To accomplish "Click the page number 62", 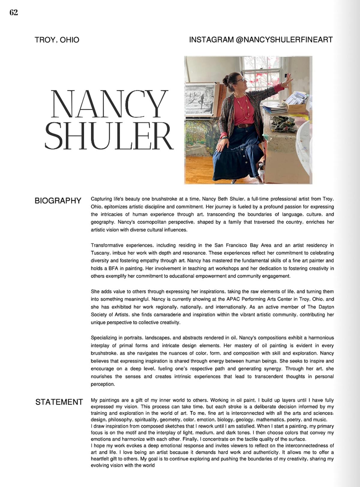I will (x=14, y=13).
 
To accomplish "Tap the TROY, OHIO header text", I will (x=57, y=40).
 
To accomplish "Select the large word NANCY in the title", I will (x=109, y=104).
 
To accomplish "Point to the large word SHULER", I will (x=109, y=136).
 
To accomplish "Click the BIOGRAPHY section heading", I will (x=58, y=201).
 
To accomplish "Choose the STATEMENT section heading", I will (x=59, y=402).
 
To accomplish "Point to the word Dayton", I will (x=325, y=307).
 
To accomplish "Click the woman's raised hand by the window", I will (x=289, y=79).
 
